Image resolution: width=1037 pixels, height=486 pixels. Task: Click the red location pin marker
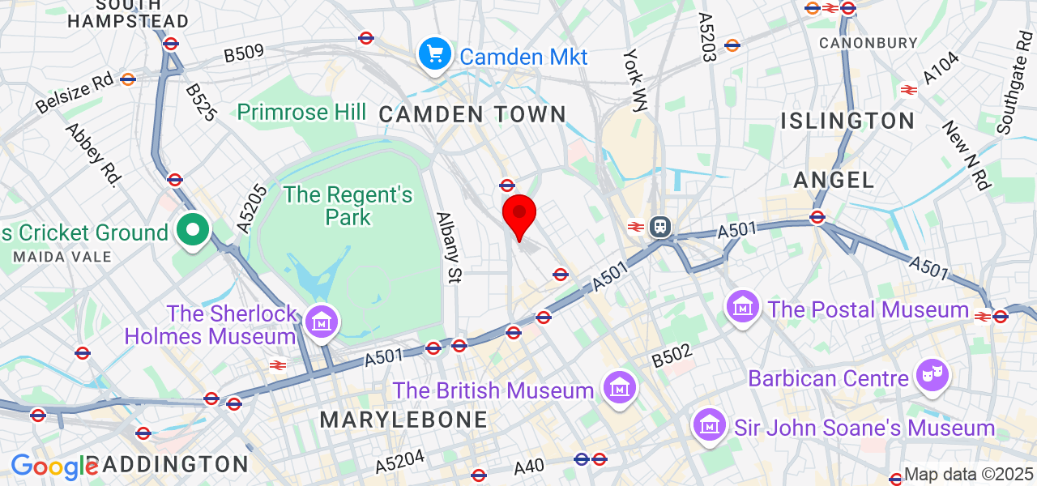coord(519,215)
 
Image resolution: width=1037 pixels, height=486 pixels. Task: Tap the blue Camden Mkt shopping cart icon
coord(435,54)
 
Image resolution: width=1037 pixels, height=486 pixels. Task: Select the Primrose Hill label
coord(301,112)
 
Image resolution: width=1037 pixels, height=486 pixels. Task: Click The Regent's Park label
coord(348,206)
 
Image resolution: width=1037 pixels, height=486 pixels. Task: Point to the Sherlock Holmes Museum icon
coord(322,320)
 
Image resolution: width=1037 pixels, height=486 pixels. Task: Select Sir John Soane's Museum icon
coord(710,424)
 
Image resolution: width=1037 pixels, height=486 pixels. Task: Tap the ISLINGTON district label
coord(847,122)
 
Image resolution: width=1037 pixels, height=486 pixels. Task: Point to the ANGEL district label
coord(834,180)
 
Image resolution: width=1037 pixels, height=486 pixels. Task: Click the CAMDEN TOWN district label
coord(472,114)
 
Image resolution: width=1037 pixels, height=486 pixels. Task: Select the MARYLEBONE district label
coord(403,420)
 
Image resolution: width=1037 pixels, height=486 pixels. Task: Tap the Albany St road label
coord(448,248)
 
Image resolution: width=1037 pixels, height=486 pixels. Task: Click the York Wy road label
coord(636,79)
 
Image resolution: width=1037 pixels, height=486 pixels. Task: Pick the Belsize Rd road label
coord(75,92)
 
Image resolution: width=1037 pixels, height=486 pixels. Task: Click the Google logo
coord(53,467)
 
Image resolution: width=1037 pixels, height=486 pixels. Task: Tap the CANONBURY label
coord(868,42)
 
